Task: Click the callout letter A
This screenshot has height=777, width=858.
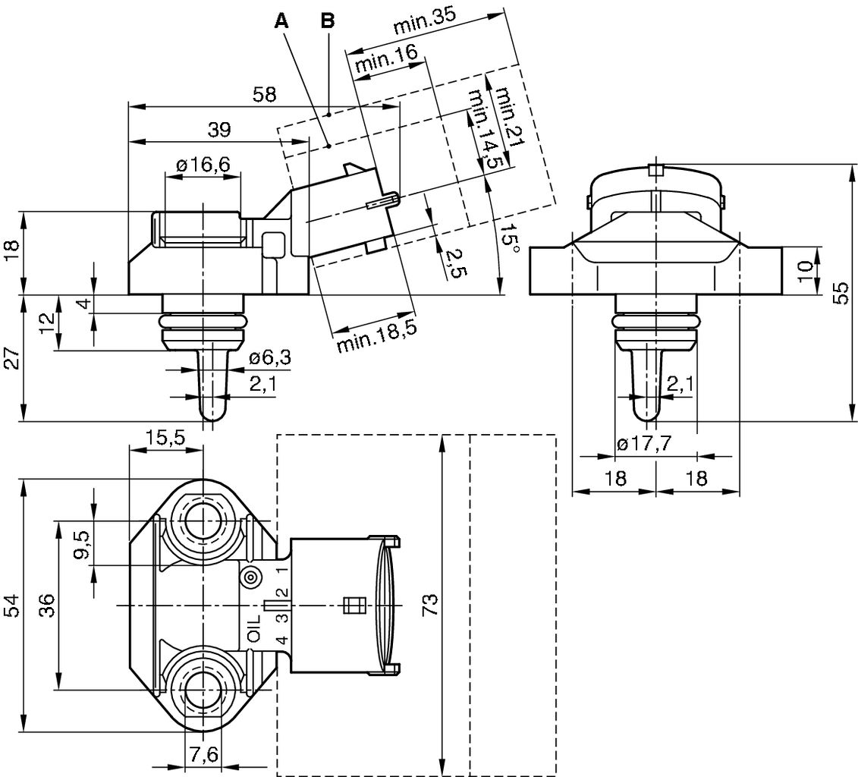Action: (281, 21)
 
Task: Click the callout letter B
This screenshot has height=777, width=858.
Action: (327, 21)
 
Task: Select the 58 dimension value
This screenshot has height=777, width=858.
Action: (265, 95)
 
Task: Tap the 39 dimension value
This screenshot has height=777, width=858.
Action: (219, 129)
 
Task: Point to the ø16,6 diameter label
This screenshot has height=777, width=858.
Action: (203, 165)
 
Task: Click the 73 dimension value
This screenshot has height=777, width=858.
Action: (429, 605)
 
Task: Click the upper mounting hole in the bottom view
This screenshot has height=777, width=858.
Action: (203, 521)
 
